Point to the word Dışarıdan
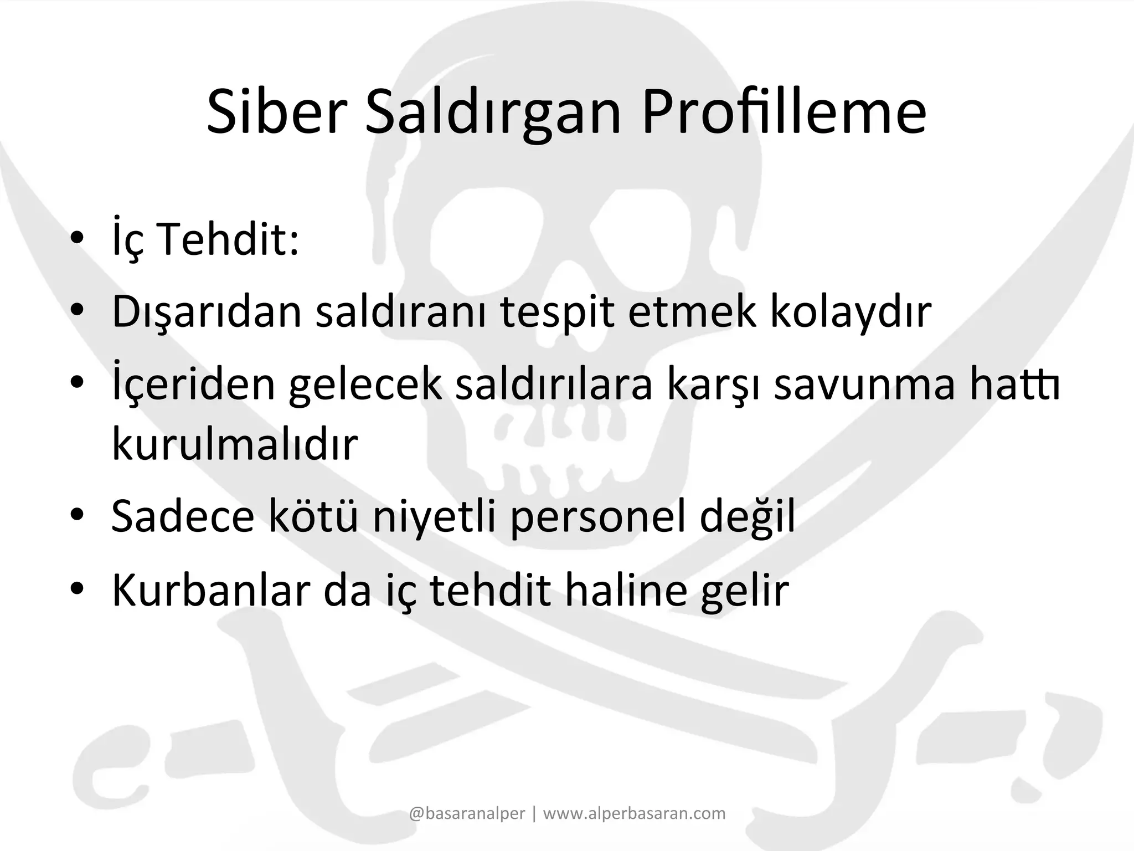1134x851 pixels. [x=207, y=312]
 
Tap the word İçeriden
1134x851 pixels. [x=194, y=386]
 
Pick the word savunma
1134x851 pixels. [x=864, y=386]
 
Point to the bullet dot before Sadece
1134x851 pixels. [x=77, y=515]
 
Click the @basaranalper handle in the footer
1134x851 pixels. [x=467, y=813]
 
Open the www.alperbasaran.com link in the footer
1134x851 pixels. [x=634, y=813]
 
